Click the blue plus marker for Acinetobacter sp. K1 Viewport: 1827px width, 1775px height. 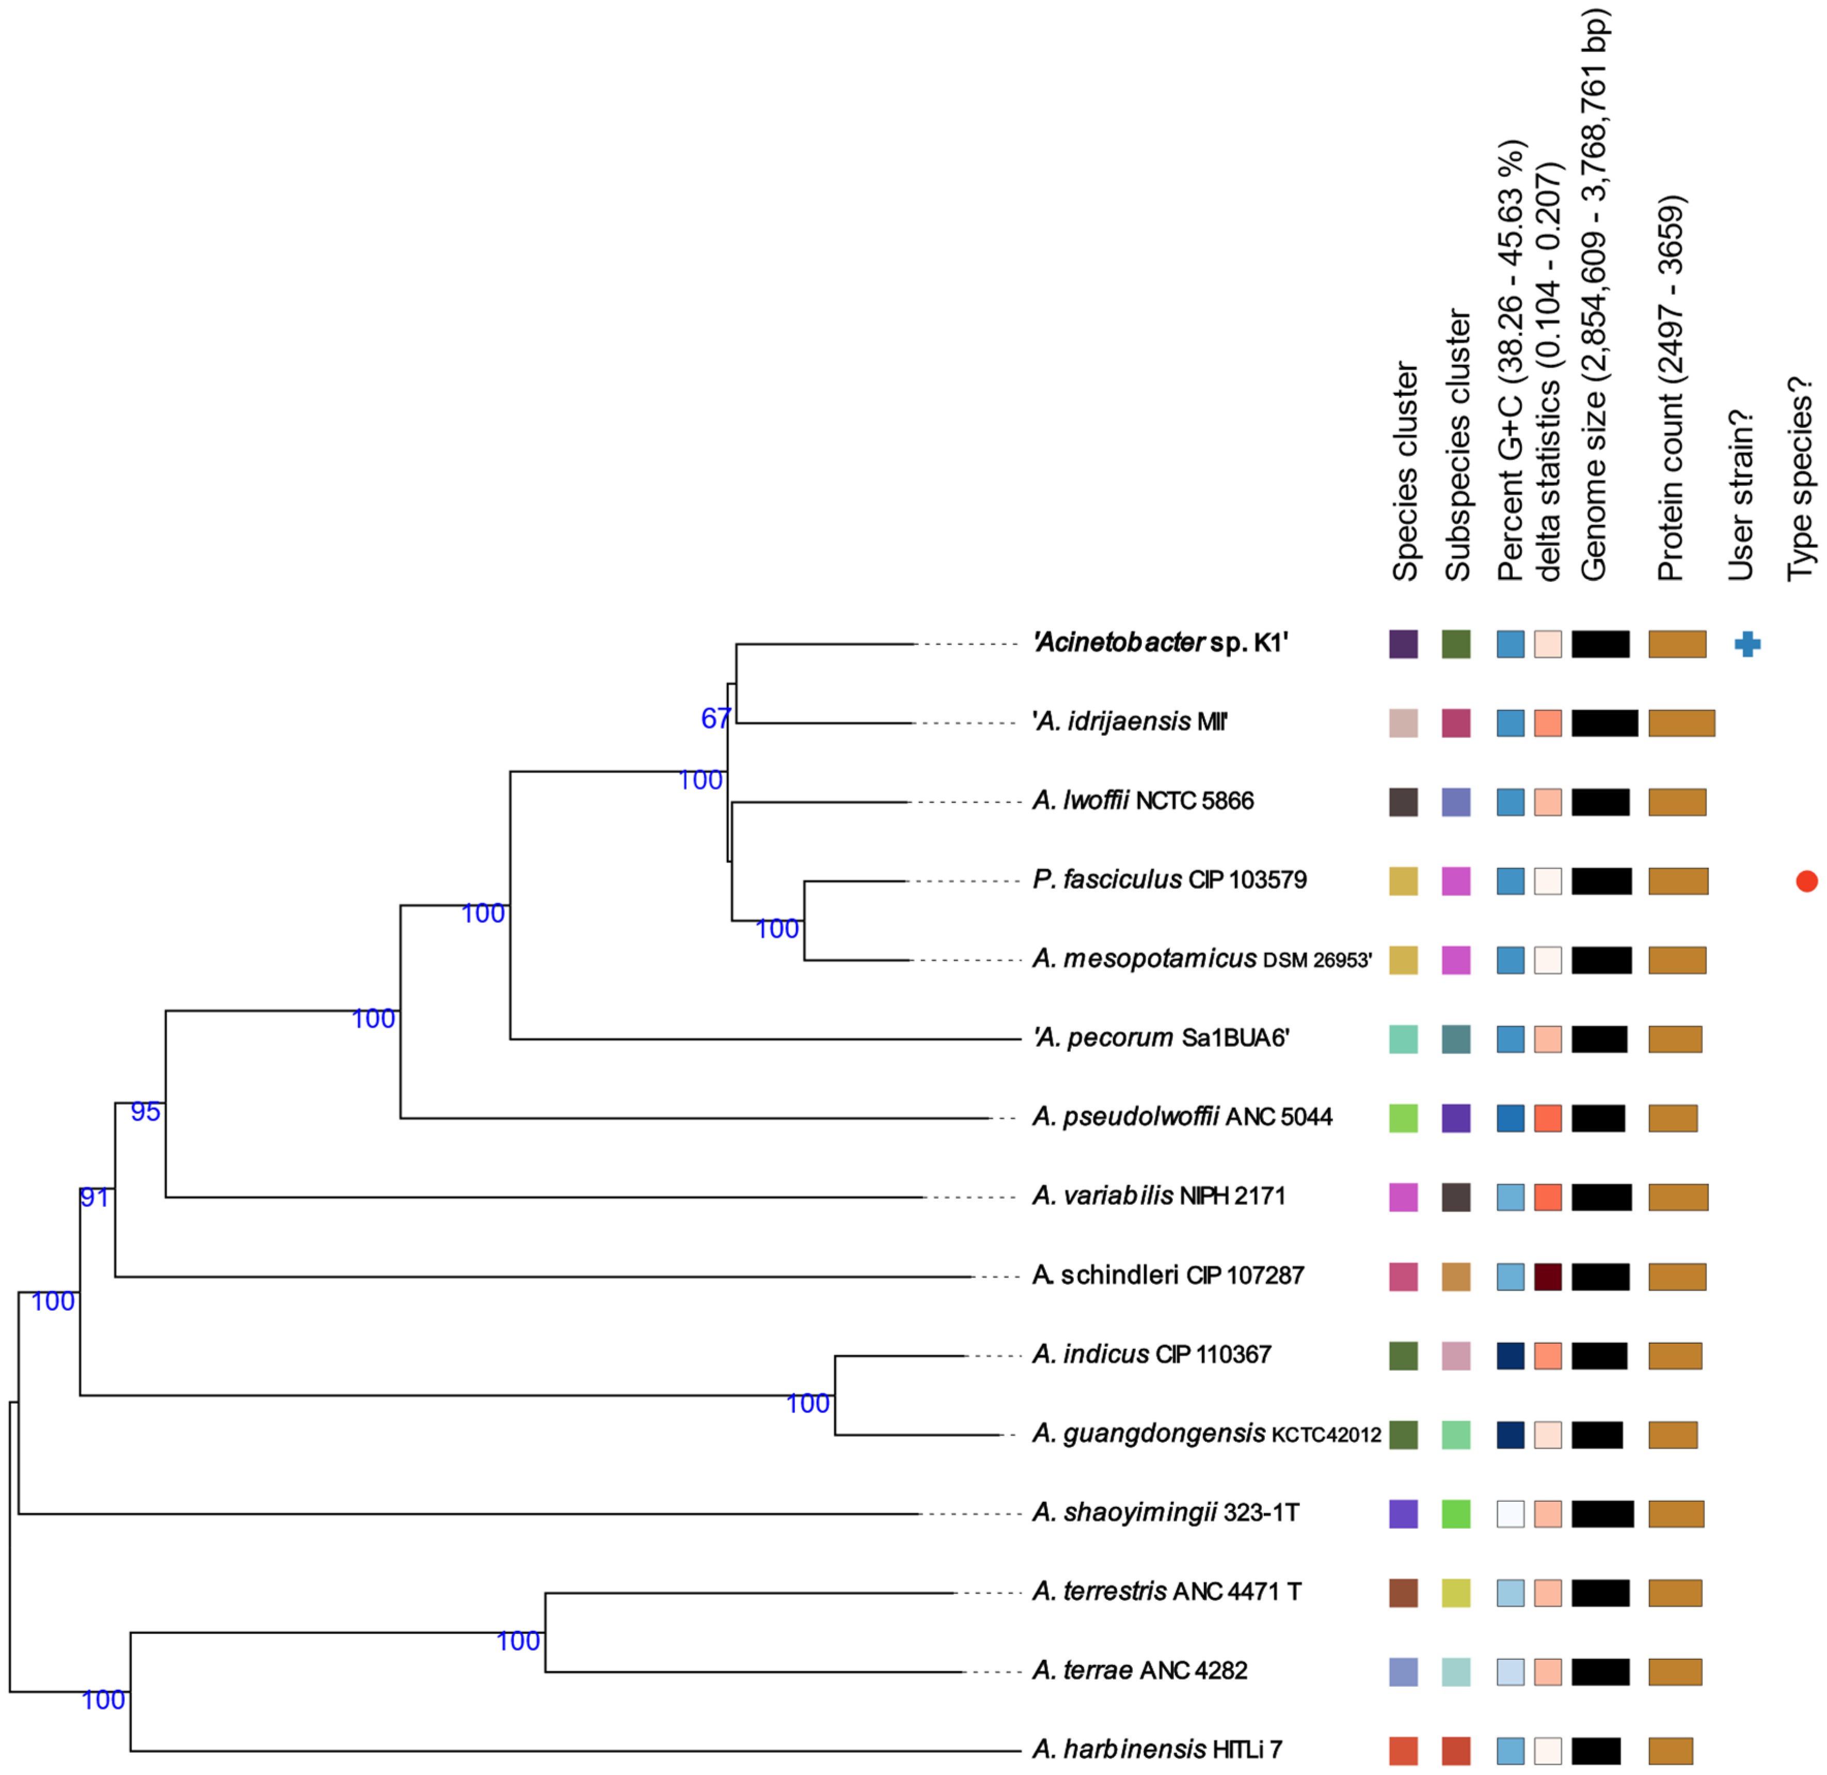click(1747, 644)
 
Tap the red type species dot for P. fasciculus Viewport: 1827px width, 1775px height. click(1806, 881)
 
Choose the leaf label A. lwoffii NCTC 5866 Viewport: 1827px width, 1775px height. click(1143, 801)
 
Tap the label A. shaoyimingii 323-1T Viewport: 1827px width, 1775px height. click(1165, 1512)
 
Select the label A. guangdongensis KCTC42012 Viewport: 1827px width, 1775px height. click(1206, 1434)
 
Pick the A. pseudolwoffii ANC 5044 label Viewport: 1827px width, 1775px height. click(1182, 1117)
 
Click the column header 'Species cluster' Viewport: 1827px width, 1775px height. click(1405, 472)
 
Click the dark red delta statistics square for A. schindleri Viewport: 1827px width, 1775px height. click(1547, 1276)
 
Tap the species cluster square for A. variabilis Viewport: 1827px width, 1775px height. click(1403, 1197)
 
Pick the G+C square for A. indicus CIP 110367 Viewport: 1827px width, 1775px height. click(1510, 1356)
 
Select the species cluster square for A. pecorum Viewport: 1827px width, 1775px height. click(1403, 1039)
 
